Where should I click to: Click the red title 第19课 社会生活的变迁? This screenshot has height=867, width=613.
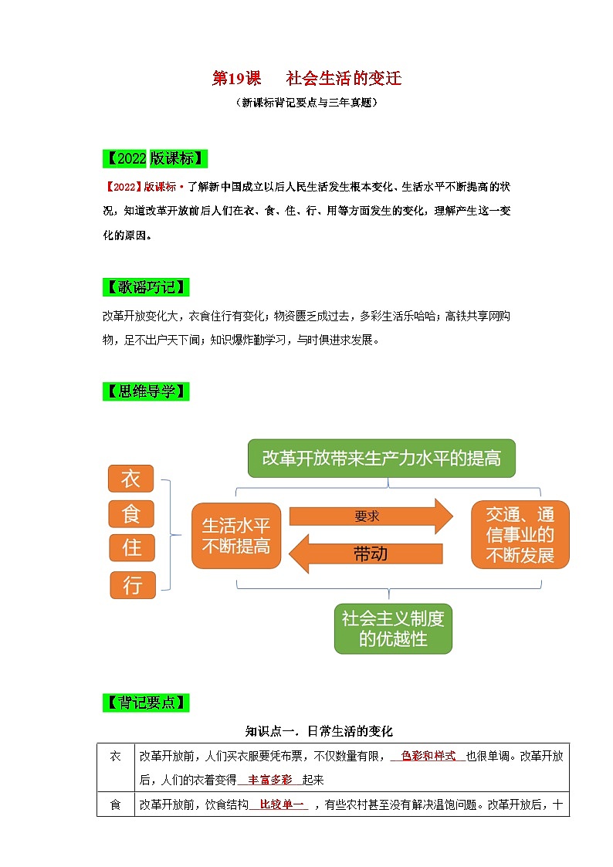[306, 79]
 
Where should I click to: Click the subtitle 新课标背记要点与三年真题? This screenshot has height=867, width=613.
[306, 102]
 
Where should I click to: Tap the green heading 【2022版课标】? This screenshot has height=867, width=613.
[154, 159]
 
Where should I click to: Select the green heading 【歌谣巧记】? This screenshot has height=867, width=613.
[144, 287]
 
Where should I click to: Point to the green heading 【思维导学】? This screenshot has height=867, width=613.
[144, 391]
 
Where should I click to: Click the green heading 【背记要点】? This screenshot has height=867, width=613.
[144, 703]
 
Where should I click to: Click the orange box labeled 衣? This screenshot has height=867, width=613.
[130, 479]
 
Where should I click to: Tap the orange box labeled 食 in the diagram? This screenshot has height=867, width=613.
[130, 513]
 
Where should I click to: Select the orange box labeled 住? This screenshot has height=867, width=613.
[130, 548]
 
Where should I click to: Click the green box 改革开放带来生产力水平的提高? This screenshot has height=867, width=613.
[381, 459]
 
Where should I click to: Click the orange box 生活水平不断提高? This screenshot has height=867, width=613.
[236, 536]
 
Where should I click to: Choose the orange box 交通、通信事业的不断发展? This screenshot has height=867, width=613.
[520, 534]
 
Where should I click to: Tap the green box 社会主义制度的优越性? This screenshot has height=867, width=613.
[393, 628]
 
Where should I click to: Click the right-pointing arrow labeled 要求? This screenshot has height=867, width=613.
[371, 516]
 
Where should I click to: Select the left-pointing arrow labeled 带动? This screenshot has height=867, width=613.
[366, 554]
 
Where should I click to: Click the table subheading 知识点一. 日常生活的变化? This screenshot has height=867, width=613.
[319, 730]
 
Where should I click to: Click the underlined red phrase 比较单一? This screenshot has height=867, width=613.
[278, 805]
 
